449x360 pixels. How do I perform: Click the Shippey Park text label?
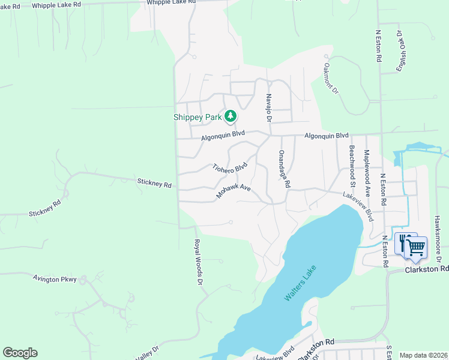coord(197,117)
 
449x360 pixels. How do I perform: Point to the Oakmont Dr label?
coord(331,79)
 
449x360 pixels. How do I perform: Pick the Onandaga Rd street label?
coord(283,170)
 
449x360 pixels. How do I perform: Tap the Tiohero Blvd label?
coord(230,167)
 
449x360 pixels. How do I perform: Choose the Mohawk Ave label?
coord(233,191)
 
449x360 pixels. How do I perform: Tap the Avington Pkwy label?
coord(55,279)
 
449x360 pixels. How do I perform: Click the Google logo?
coord(20,353)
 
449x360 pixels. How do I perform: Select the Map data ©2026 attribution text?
coord(423,355)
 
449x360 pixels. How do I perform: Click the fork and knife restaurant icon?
coord(404,241)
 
